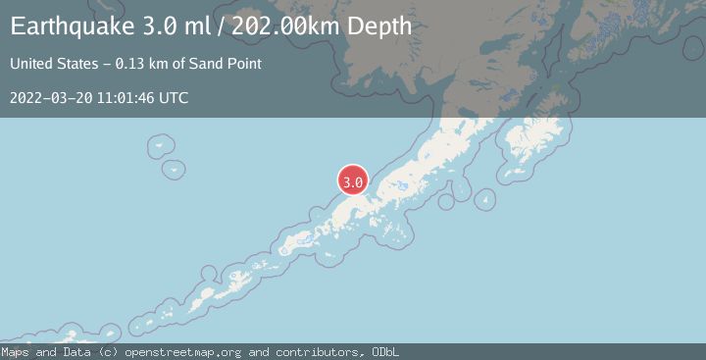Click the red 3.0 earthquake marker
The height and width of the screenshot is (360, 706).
pyautogui.click(x=353, y=180)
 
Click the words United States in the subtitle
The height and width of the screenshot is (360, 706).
pyautogui.click(x=54, y=64)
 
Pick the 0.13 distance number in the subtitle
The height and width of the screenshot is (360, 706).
pyautogui.click(x=130, y=64)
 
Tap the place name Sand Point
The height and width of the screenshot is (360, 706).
pyautogui.click(x=227, y=64)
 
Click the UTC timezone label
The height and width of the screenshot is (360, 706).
pyautogui.click(x=174, y=97)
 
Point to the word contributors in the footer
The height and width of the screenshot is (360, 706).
pyautogui.click(x=320, y=351)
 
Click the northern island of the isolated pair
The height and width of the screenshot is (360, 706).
pyautogui.click(x=160, y=147)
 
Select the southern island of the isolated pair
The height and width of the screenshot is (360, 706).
pyautogui.click(x=175, y=169)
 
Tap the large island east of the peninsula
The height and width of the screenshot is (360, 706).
pyautogui.click(x=534, y=142)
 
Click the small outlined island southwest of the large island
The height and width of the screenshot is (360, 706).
pyautogui.click(x=483, y=199)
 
